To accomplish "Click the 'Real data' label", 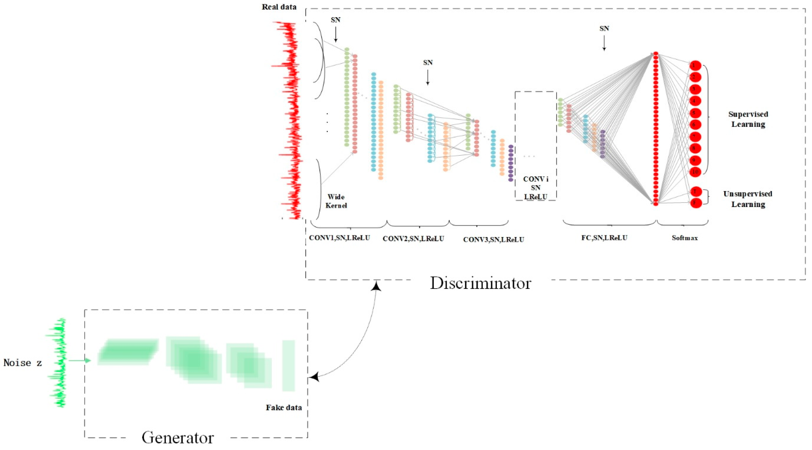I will point(279,7).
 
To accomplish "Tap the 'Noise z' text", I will point(22,363).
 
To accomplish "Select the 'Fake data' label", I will point(284,408).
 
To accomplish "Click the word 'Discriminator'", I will point(480,283).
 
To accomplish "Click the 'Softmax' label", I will point(685,238).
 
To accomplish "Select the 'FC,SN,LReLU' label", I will point(604,238).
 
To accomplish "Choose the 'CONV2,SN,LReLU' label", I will point(413,239).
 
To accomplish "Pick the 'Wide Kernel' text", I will point(336,201).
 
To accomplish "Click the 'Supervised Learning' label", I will point(748,119).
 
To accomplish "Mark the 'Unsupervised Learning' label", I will point(748,199).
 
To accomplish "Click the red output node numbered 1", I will point(695,66).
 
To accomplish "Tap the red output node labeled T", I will point(695,192).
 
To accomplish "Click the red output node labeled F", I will point(695,203).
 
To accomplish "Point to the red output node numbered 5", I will point(695,113).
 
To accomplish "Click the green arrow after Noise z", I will point(80,360).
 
